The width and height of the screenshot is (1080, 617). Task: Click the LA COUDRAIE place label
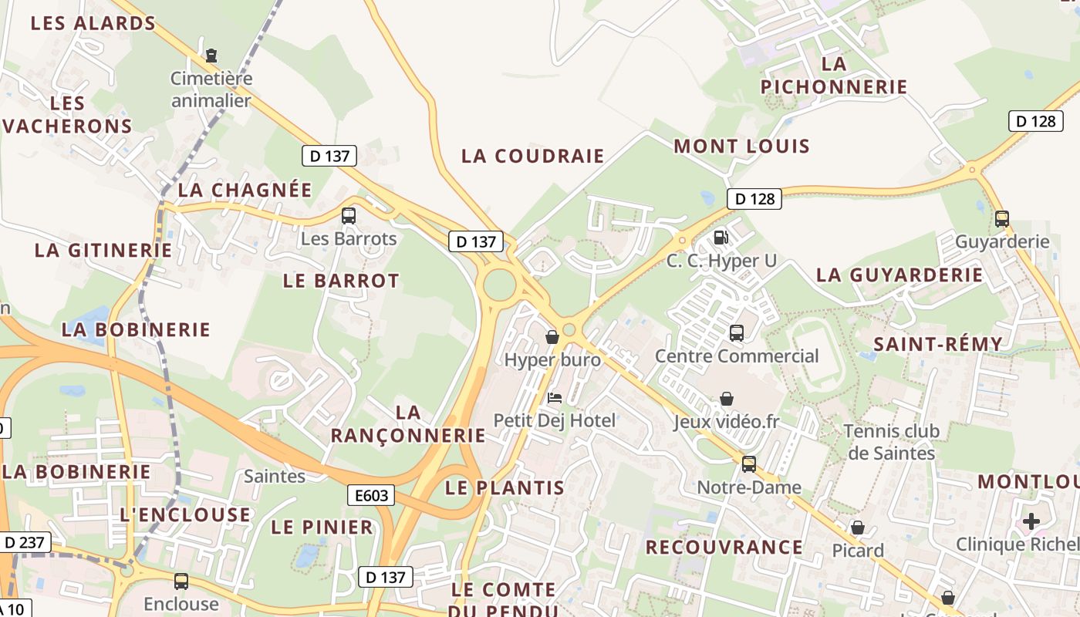tap(532, 156)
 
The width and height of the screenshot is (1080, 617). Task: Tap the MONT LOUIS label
tap(741, 147)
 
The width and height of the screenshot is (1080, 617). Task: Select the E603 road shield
tap(371, 495)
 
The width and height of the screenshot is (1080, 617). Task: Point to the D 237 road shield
tap(24, 542)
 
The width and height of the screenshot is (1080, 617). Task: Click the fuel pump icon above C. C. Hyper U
tap(721, 238)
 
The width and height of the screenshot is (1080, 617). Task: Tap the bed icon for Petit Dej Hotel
tap(554, 398)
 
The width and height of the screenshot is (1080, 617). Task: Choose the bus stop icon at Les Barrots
tap(349, 215)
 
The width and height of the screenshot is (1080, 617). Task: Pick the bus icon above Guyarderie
tap(1001, 218)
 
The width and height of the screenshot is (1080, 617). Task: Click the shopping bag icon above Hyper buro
tap(552, 337)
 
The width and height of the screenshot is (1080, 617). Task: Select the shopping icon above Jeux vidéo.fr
tap(726, 399)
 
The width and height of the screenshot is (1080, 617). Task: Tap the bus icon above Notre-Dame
tap(748, 464)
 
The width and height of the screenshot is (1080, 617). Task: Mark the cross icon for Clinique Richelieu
tap(1031, 521)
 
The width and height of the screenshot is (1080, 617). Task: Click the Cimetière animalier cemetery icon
tap(211, 55)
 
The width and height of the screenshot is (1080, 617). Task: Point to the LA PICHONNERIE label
tap(834, 75)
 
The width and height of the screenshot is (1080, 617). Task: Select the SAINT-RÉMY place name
tap(937, 344)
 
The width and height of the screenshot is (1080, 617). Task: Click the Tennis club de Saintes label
tap(892, 441)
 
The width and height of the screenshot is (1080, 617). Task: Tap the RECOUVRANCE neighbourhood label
tap(724, 548)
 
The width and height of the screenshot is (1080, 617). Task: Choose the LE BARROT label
tap(341, 281)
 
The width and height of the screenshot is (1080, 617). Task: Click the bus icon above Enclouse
tap(181, 581)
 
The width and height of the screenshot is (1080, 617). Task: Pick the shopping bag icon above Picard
tap(857, 528)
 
